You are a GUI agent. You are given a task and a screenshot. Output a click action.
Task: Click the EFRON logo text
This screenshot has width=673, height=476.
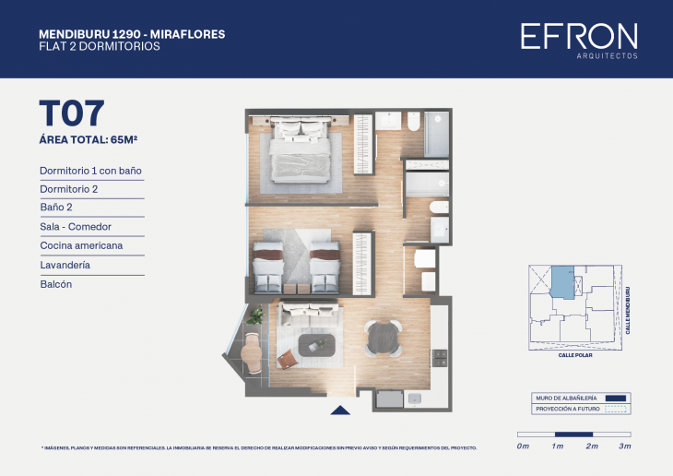[578, 36]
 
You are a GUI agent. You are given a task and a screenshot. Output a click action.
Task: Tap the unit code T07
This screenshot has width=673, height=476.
[71, 113]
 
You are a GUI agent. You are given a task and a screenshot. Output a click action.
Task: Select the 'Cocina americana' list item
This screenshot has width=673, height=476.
[81, 246]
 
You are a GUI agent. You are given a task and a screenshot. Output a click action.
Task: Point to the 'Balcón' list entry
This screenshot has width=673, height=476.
[55, 284]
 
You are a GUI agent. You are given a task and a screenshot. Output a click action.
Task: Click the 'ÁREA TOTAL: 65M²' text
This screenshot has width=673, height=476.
[89, 140]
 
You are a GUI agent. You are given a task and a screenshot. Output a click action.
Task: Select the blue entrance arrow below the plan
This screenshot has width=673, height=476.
[340, 411]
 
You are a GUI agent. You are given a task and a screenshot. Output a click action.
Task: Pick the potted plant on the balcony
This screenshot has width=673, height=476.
[255, 316]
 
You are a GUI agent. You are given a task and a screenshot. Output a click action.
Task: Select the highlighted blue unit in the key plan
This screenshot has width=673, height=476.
[561, 280]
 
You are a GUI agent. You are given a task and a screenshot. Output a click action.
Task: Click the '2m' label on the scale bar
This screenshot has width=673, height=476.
[591, 446]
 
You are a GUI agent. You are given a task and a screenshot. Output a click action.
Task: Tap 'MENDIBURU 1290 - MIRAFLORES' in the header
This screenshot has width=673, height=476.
[132, 34]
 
